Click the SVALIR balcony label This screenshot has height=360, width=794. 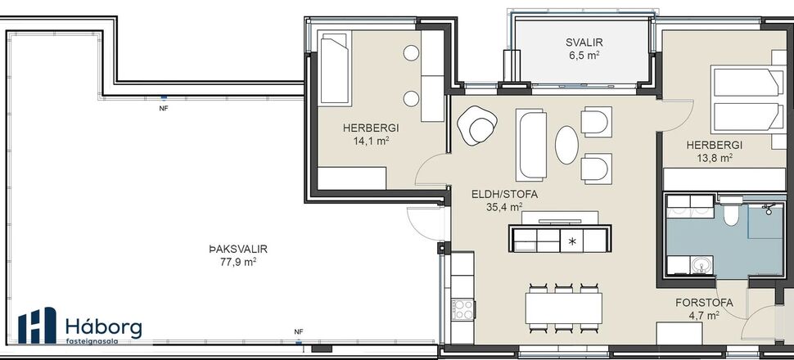[x=585, y=43]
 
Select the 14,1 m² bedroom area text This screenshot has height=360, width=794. [x=365, y=141]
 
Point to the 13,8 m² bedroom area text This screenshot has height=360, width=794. [x=709, y=158]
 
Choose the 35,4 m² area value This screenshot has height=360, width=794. [x=504, y=208]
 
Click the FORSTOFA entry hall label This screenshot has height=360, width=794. [x=704, y=302]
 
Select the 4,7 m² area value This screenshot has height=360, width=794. [x=704, y=315]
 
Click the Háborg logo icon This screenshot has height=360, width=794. [x=37, y=326]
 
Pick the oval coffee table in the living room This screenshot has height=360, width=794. [x=566, y=145]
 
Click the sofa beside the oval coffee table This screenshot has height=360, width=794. [x=531, y=145]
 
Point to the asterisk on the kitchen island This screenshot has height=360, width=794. [x=572, y=241]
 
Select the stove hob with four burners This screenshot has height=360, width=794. [x=462, y=309]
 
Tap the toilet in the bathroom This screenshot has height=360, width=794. [x=732, y=214]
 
